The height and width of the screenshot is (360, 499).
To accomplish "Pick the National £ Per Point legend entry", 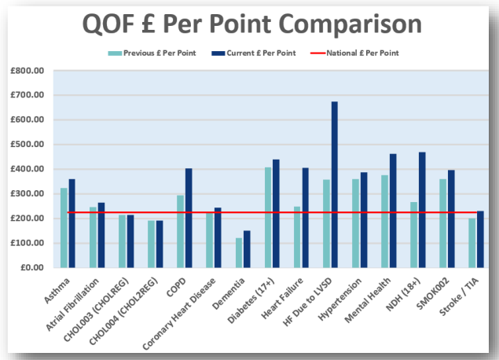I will tap(363, 53).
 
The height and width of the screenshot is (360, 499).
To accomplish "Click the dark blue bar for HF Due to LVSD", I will tap(333, 184).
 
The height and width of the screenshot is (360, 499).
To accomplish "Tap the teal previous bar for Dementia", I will tap(239, 252).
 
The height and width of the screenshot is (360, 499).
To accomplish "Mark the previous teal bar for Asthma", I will tap(64, 227).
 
